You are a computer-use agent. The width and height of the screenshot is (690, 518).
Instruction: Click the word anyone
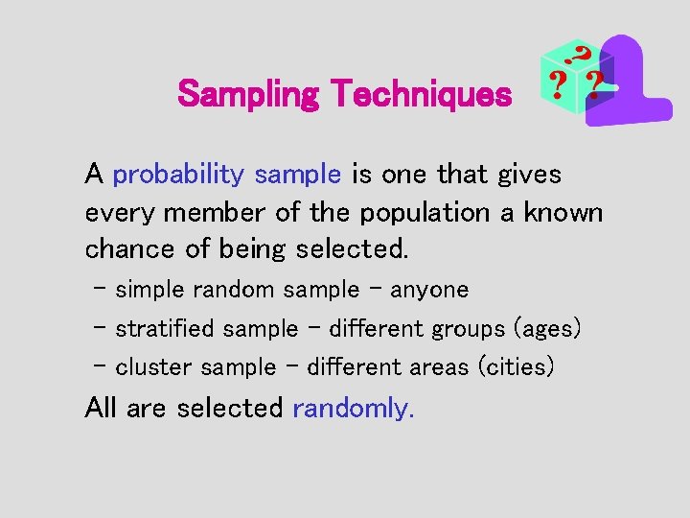click(x=429, y=290)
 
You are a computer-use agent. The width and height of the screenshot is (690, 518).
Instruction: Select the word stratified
click(x=165, y=329)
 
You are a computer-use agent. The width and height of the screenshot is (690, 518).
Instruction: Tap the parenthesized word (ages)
click(x=547, y=329)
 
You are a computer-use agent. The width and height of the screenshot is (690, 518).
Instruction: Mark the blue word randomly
click(x=353, y=408)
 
